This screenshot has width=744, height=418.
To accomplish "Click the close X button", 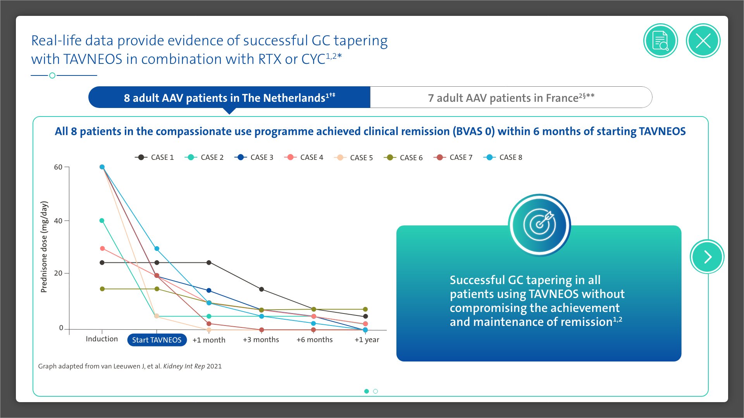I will [x=703, y=41].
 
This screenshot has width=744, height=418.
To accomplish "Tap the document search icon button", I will [x=660, y=41].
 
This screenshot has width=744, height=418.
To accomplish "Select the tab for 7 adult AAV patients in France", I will [x=511, y=98].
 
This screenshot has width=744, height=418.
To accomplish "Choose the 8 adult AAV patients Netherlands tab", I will [x=229, y=98].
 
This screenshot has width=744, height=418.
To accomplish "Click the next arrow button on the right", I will [x=707, y=257].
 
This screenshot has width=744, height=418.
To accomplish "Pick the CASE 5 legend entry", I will [x=353, y=158].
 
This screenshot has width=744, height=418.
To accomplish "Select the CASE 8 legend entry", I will [x=503, y=158].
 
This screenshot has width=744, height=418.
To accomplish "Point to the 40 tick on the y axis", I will [x=58, y=221].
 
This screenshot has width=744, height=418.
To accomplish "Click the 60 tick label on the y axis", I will [x=58, y=167].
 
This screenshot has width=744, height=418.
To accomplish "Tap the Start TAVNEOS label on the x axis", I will [x=157, y=340].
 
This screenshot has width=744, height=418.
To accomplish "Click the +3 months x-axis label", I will [x=261, y=340].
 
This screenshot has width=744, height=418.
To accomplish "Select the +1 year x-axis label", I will [x=367, y=340].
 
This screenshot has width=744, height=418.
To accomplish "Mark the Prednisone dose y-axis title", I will [x=44, y=247].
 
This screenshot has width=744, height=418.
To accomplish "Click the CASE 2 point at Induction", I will [x=102, y=221].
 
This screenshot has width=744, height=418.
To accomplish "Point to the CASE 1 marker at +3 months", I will [x=262, y=289].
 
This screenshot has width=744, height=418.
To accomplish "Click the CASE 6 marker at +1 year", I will [x=365, y=309].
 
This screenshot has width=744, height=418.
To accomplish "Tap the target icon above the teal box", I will [x=539, y=225].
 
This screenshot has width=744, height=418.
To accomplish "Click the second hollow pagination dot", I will [x=375, y=391].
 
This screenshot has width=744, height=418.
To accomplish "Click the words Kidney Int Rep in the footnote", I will [x=184, y=366].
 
